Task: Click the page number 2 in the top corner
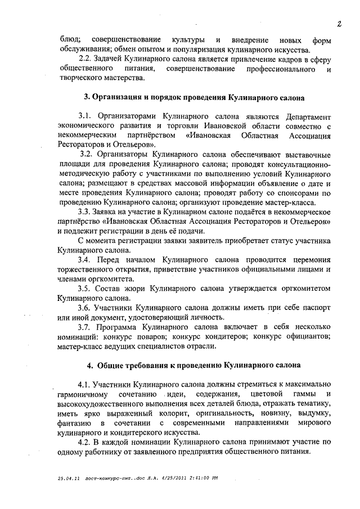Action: coord(340,24)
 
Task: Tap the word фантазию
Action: coord(74,423)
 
